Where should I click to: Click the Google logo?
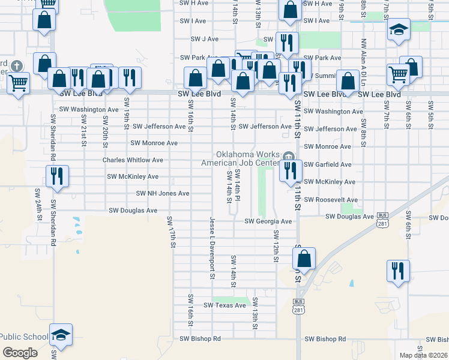20,352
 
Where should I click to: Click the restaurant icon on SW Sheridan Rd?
58,176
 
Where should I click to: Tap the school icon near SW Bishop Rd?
61,334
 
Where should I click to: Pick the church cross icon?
17,65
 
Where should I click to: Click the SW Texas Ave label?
225,305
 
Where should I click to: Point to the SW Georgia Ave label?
268,221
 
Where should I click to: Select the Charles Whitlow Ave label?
133,160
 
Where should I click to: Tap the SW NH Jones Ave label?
163,193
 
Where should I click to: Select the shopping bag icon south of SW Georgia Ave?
304,259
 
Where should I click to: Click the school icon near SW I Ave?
399,31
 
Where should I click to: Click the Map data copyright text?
423,355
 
